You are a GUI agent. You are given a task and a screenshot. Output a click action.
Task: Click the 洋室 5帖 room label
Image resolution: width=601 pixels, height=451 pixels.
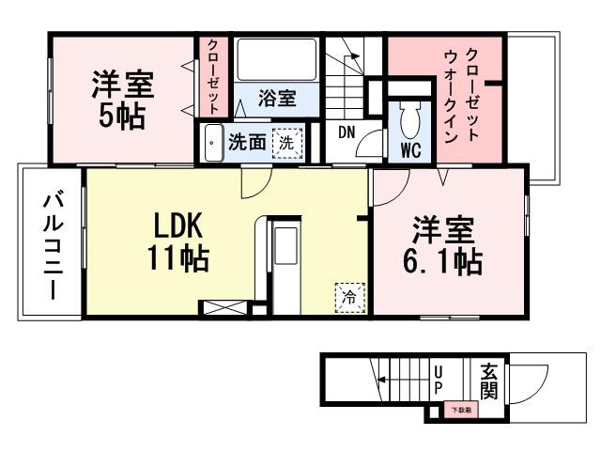point(123,99)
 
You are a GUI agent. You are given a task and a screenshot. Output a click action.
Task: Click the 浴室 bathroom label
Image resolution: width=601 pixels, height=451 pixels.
point(277,99)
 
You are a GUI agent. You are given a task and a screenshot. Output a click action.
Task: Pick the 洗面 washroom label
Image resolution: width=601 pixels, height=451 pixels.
point(246,144)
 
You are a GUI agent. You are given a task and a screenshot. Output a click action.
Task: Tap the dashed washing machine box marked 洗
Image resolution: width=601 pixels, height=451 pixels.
point(288,144)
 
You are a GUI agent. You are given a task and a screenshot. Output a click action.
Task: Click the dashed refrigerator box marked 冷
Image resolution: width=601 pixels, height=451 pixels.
point(348,296)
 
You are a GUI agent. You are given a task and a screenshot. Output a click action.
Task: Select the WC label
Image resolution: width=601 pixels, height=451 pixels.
point(409,150)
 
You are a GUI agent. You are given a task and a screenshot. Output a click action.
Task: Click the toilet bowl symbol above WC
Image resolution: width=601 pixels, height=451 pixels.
point(410,118)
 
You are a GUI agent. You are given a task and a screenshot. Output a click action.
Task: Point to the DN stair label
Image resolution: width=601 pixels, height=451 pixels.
point(346,132)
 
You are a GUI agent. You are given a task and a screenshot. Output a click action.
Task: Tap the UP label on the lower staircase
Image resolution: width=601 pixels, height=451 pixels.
point(439,380)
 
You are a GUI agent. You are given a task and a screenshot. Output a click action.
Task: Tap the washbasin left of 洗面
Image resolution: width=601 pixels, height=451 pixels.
point(213,143)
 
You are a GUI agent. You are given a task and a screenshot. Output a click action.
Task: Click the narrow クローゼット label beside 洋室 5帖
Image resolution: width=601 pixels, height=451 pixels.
point(213,76)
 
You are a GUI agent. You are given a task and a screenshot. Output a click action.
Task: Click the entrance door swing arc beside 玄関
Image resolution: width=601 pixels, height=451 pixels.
point(530,381)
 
